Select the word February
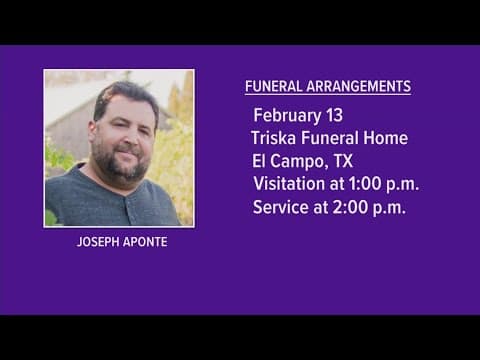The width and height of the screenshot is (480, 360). (287, 114)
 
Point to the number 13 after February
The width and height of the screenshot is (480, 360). (337, 114)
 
